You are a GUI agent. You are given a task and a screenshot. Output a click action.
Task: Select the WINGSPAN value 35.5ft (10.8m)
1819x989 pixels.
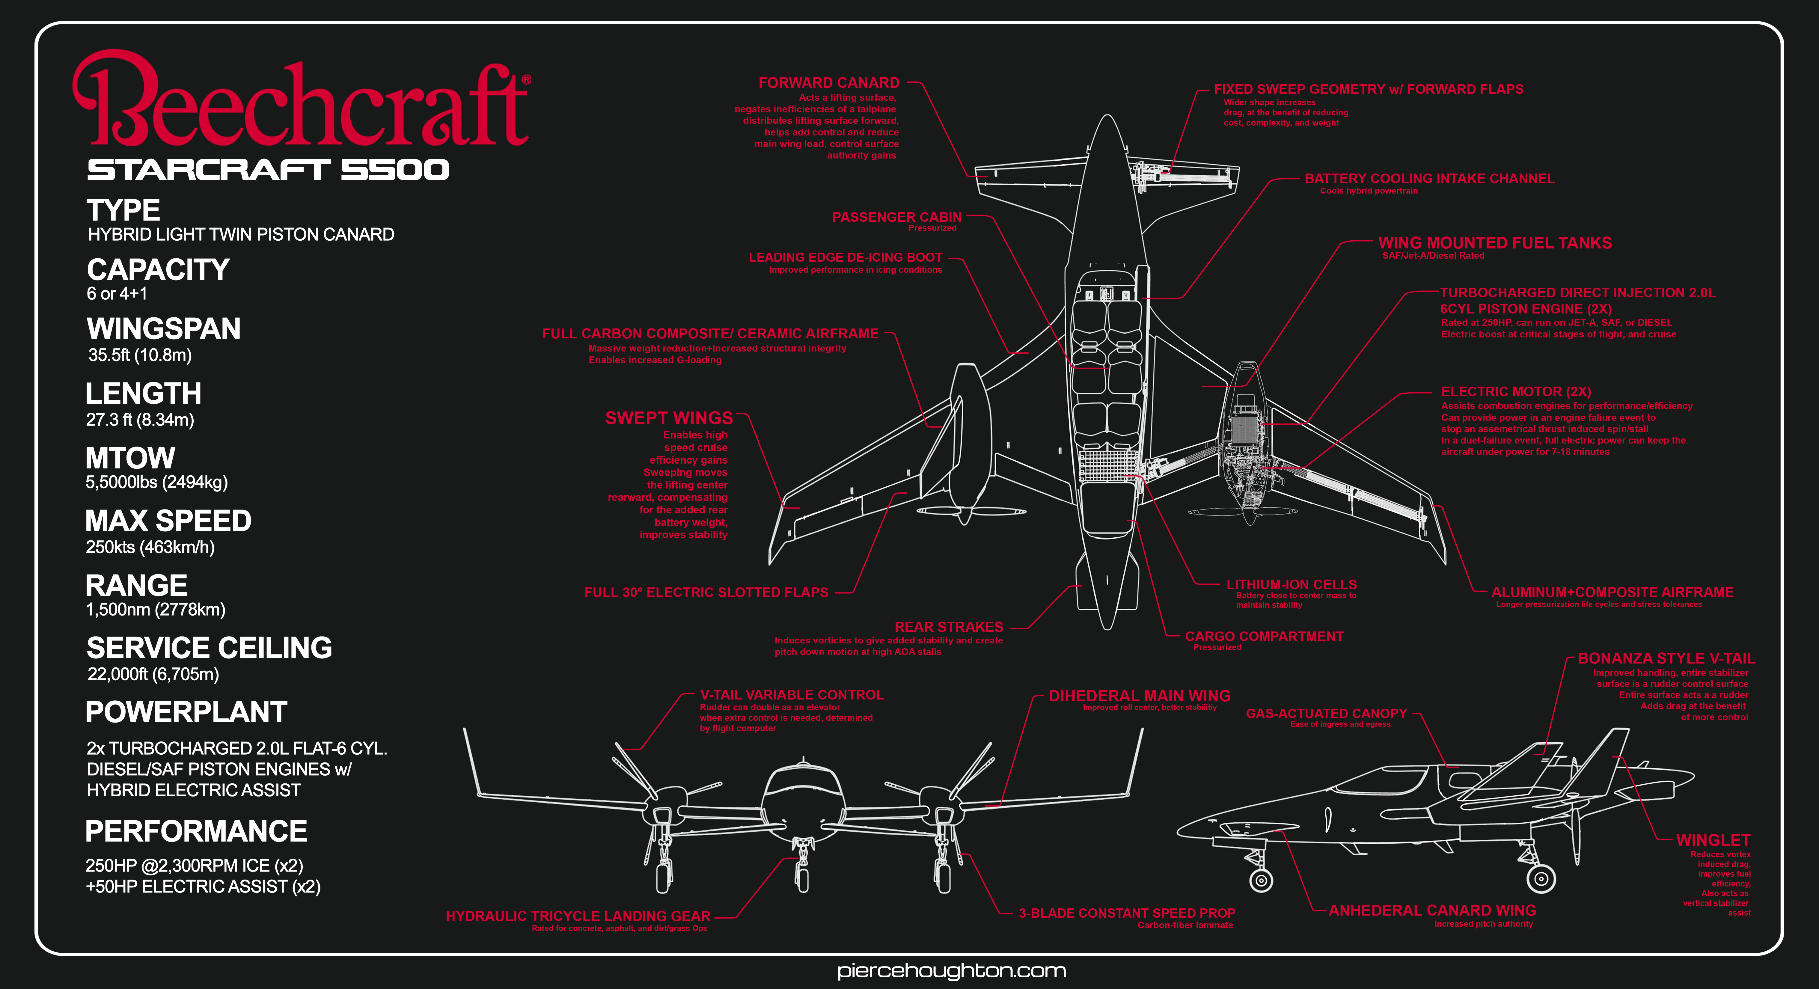[140, 355]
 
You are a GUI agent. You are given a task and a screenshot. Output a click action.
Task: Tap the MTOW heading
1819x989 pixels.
[130, 458]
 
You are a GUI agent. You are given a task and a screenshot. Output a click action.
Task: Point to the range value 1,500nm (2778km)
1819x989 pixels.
[155, 610]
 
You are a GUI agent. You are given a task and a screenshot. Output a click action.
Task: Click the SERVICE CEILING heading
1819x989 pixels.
[209, 648]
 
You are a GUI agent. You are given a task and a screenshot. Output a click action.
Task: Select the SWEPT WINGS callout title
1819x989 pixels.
[669, 418]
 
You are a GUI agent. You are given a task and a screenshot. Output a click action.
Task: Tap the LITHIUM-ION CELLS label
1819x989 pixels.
[1291, 584]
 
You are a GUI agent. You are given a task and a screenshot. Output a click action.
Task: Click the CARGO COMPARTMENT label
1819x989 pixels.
[1264, 636]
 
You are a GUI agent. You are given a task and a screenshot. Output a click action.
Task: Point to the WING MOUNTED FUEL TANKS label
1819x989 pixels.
[1495, 243]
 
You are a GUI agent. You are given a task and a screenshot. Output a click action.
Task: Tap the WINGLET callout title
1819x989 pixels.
[1713, 840]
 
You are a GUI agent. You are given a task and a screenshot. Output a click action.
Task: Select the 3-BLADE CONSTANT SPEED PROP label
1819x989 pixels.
[1127, 913]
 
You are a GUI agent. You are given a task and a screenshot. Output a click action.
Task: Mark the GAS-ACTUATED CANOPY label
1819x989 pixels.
[1326, 714]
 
